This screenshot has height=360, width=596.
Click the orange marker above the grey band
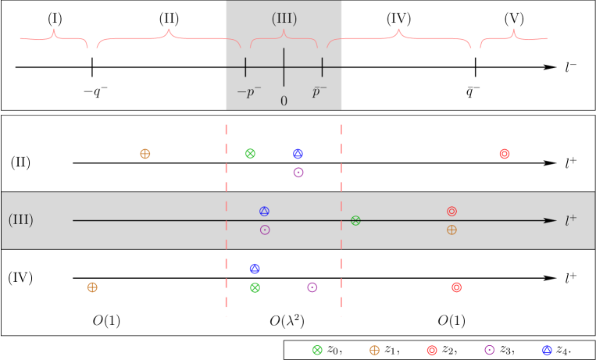(x=145, y=154)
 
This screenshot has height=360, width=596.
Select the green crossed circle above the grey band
(x=250, y=154)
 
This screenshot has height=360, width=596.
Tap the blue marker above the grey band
(x=298, y=154)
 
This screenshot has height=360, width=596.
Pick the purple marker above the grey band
(x=298, y=172)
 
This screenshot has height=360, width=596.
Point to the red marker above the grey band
(x=505, y=154)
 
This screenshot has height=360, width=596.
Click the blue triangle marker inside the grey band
(x=264, y=211)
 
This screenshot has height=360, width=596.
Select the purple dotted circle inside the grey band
(x=265, y=230)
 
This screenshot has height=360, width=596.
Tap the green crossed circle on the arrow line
(x=355, y=221)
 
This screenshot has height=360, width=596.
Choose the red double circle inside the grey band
(x=451, y=212)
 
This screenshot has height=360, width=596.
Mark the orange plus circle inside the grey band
(x=451, y=230)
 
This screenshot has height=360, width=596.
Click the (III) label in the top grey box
(x=284, y=19)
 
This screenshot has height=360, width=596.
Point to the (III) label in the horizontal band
(x=21, y=219)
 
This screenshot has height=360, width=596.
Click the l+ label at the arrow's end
(x=571, y=221)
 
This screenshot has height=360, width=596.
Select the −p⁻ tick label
(x=248, y=92)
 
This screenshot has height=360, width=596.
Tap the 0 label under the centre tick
(x=284, y=102)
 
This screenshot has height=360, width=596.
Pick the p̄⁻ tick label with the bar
(x=319, y=92)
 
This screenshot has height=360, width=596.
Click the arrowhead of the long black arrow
(x=551, y=221)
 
